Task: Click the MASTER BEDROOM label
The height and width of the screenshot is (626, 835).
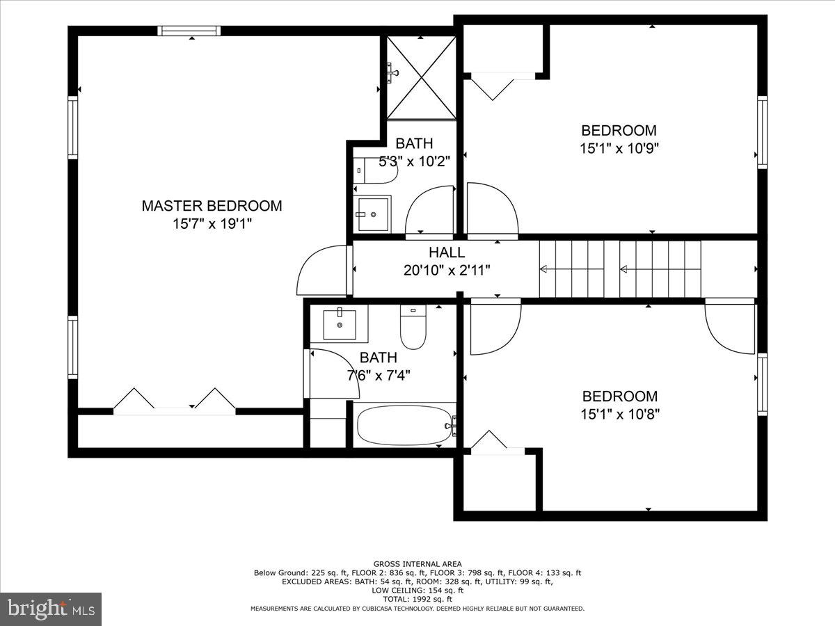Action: click(212, 206)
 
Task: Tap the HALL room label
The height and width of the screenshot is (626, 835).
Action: click(447, 252)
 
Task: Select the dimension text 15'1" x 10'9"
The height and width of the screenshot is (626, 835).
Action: click(619, 148)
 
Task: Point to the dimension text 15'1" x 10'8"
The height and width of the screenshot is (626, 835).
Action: click(620, 415)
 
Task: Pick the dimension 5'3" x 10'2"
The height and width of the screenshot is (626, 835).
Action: click(414, 161)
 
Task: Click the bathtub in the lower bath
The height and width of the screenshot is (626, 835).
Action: click(404, 424)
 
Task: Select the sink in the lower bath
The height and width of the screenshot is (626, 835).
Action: click(340, 324)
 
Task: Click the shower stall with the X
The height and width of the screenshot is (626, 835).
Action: click(421, 77)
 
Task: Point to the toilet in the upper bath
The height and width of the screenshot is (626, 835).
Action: click(374, 170)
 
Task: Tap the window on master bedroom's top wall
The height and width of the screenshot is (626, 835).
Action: click(189, 31)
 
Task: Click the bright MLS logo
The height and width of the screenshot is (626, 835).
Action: click(51, 609)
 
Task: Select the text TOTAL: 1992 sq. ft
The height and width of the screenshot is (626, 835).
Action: click(417, 599)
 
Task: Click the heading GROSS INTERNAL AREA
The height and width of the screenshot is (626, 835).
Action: click(417, 564)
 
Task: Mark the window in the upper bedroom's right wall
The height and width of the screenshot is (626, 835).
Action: click(762, 132)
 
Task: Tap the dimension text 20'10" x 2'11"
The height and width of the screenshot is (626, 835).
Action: click(447, 270)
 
